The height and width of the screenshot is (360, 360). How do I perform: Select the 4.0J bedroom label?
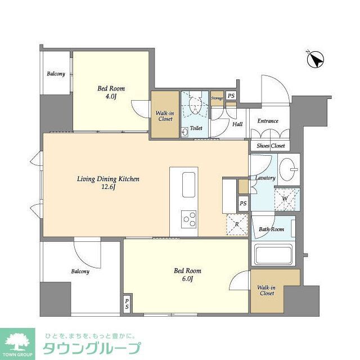click(x=111, y=92)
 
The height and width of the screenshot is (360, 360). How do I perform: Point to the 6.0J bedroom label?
click(x=187, y=274)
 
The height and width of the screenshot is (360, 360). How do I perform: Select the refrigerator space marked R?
click(x=237, y=224)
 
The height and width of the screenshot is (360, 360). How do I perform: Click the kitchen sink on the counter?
click(x=188, y=184)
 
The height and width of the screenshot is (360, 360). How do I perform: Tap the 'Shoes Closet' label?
click(x=271, y=146)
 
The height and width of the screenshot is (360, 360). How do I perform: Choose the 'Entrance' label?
click(x=268, y=121)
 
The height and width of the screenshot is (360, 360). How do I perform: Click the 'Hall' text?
click(x=237, y=124)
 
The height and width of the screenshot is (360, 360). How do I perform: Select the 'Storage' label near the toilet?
click(x=217, y=98)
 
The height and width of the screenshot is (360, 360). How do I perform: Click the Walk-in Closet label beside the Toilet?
click(x=164, y=116)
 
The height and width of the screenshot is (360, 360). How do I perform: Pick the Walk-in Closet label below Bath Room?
click(x=267, y=290)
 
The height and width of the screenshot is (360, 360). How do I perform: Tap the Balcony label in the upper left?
click(x=56, y=74)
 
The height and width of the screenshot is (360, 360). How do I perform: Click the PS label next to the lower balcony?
click(x=127, y=304)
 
